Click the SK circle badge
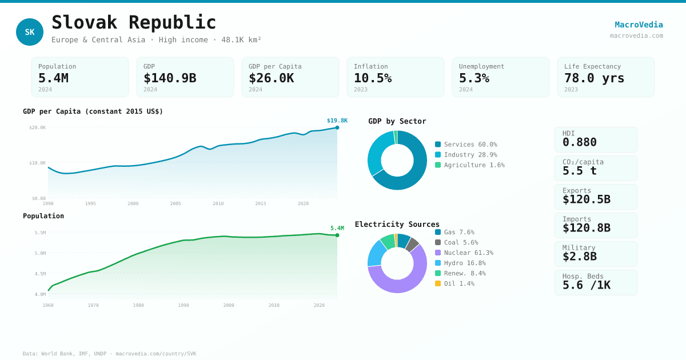coord(30,32)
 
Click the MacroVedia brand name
coord(639,25)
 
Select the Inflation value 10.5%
coord(373,78)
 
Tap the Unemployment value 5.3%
coord(474,78)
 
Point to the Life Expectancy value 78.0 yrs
coord(594,78)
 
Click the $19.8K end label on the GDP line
coord(337,121)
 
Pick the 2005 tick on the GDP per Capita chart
coord(176,203)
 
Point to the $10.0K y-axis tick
coord(38,163)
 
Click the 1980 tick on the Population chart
coord(138,305)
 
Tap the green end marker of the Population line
coord(337,235)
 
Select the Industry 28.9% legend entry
coord(466,155)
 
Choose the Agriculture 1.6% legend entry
coord(469,165)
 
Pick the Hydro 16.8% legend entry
coord(460,263)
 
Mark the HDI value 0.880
coord(579,142)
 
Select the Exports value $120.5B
coord(586,199)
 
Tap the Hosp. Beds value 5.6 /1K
coord(586,285)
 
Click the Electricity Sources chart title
coord(397,224)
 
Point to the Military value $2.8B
coord(579,257)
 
